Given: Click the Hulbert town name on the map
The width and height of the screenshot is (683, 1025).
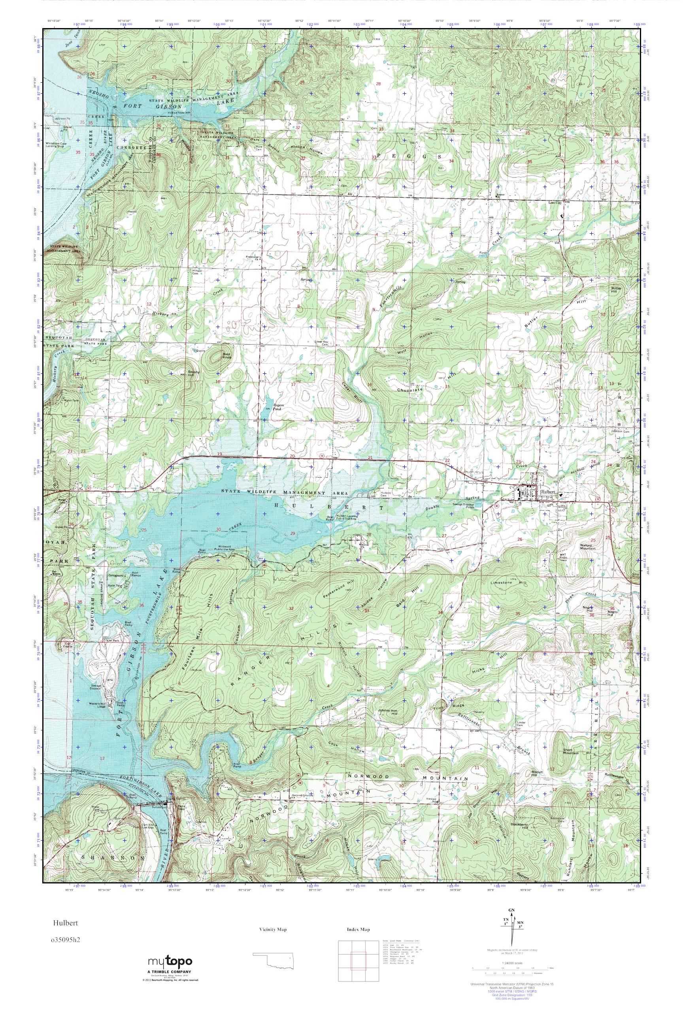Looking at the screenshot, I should pos(547,491).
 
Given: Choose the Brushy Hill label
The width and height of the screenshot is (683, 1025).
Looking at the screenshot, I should pos(193,373).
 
